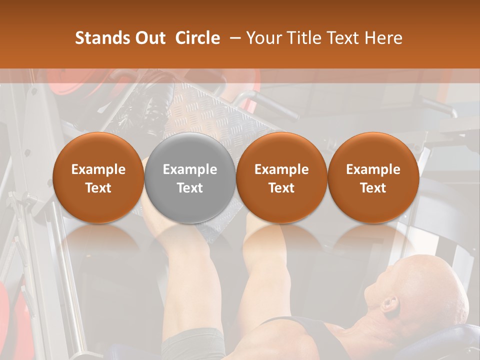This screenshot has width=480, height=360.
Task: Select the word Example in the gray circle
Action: tap(189, 169)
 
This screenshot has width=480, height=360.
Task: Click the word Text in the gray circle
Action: tap(189, 188)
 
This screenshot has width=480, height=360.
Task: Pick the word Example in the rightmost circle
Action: tap(373, 169)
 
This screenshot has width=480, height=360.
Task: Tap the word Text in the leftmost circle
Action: tap(98, 188)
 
